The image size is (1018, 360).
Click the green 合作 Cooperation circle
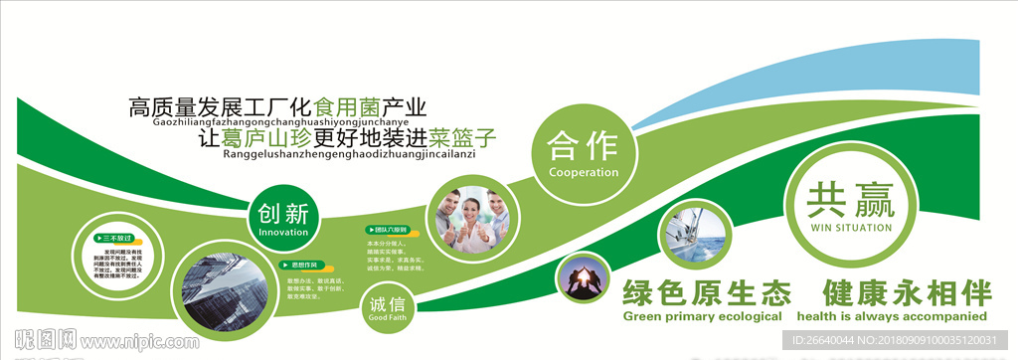(584, 153)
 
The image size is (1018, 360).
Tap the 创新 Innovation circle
(283, 220)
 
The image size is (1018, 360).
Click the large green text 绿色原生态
(707, 294)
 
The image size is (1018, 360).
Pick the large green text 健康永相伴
(908, 294)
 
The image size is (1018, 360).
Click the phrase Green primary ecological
(703, 316)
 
